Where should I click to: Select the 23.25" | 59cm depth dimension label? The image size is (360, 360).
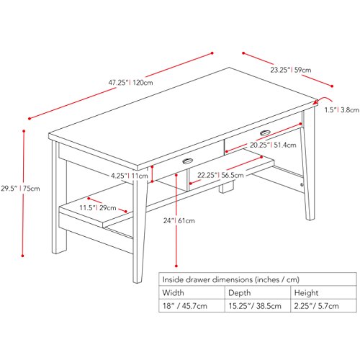[291, 70]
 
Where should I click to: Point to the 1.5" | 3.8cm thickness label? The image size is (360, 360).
[340, 110]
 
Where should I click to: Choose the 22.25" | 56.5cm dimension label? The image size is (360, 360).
[220, 174]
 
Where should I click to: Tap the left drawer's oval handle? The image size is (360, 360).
[189, 161]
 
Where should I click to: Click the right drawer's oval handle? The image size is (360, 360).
[264, 132]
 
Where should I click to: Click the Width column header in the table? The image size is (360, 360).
[173, 293]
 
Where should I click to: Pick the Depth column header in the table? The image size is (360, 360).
[240, 293]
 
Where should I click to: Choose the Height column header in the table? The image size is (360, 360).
[307, 293]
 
